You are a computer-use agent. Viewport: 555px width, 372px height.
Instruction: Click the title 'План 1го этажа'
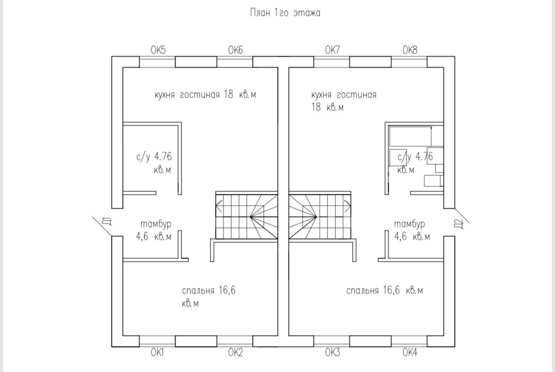(x=285, y=13)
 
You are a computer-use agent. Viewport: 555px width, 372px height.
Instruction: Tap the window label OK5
(x=158, y=50)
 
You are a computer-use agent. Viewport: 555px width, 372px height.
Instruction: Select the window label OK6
(x=235, y=50)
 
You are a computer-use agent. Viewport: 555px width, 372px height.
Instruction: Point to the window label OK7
(x=332, y=50)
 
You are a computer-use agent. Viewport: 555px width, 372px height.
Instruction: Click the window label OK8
(x=409, y=50)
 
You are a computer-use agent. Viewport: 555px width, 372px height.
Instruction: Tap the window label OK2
(x=235, y=352)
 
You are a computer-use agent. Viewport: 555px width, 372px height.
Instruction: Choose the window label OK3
(x=333, y=352)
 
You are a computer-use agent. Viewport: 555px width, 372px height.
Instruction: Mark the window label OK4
(x=410, y=352)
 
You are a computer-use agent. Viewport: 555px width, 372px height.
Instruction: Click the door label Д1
(x=106, y=222)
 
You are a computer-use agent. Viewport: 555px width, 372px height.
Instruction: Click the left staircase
(x=246, y=216)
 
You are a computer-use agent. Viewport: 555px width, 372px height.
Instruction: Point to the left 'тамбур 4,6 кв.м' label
(x=154, y=230)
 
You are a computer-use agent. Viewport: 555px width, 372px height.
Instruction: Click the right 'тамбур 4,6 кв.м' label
(x=412, y=230)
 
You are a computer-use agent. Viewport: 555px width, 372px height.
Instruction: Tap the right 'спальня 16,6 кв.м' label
(x=384, y=291)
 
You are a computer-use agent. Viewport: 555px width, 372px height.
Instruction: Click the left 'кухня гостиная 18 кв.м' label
(x=205, y=95)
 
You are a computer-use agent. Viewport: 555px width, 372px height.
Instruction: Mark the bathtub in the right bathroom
(x=410, y=136)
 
